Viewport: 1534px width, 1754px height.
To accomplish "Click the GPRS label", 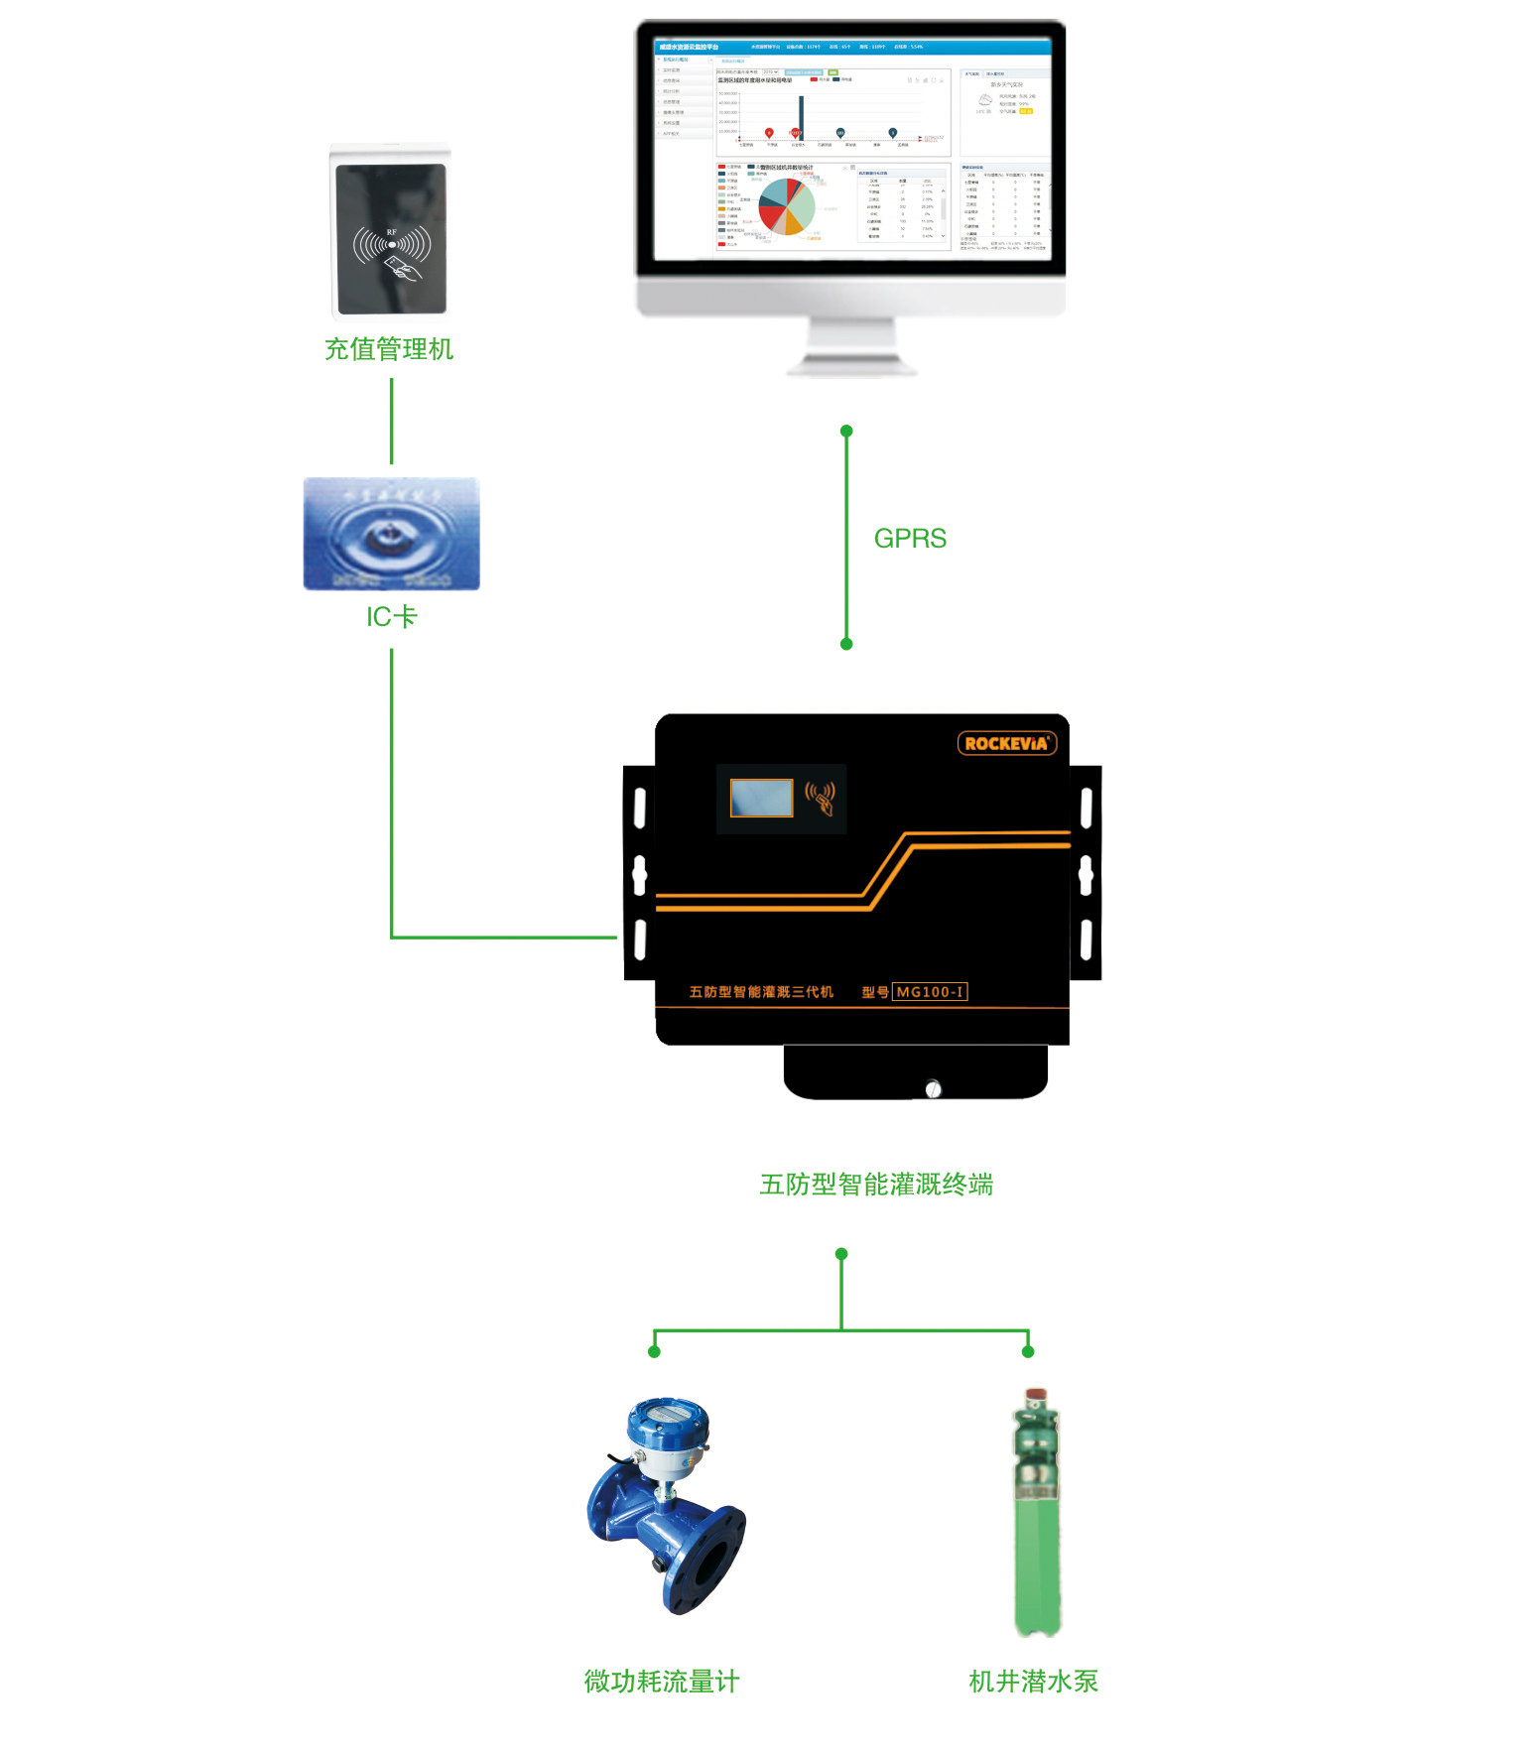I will pyautogui.click(x=910, y=539).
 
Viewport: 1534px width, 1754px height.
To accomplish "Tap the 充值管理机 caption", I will pyautogui.click(x=389, y=349).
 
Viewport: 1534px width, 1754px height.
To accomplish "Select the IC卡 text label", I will pyautogui.click(x=392, y=617).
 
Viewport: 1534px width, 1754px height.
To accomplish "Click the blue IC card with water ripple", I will pyautogui.click(x=392, y=534).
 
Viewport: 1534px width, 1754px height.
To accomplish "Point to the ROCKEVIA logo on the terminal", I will pyautogui.click(x=1006, y=743).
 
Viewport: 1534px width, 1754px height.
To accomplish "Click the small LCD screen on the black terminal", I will pyautogui.click(x=761, y=798).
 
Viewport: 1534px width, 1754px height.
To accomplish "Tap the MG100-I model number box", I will pyautogui.click(x=930, y=992).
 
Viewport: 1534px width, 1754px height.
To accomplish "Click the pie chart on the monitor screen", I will pyautogui.click(x=787, y=206).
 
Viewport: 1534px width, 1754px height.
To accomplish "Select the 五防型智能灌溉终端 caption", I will pyautogui.click(x=876, y=1185).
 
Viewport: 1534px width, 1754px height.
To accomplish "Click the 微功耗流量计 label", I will pyautogui.click(x=662, y=1682).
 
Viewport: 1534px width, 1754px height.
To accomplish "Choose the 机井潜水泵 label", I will pyautogui.click(x=1033, y=1682).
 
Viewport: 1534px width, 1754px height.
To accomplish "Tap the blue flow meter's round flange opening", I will pyautogui.click(x=712, y=1563).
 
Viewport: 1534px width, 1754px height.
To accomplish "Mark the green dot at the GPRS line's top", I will pyautogui.click(x=846, y=432).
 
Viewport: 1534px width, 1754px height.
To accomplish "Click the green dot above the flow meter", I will pyautogui.click(x=654, y=1351).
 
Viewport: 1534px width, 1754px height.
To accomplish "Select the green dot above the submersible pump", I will pyautogui.click(x=1028, y=1351).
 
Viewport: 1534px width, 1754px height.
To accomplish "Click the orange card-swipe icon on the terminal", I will pyautogui.click(x=821, y=797).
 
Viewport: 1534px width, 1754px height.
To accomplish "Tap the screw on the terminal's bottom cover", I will pyautogui.click(x=933, y=1089).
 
